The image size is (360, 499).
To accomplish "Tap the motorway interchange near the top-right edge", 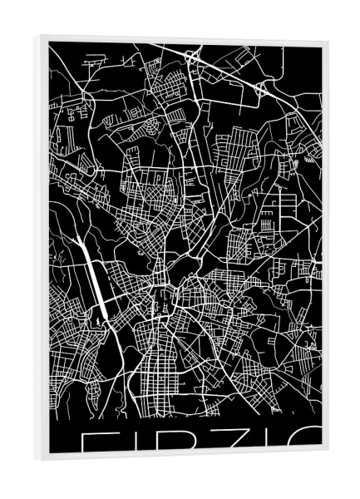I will point(261,87).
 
